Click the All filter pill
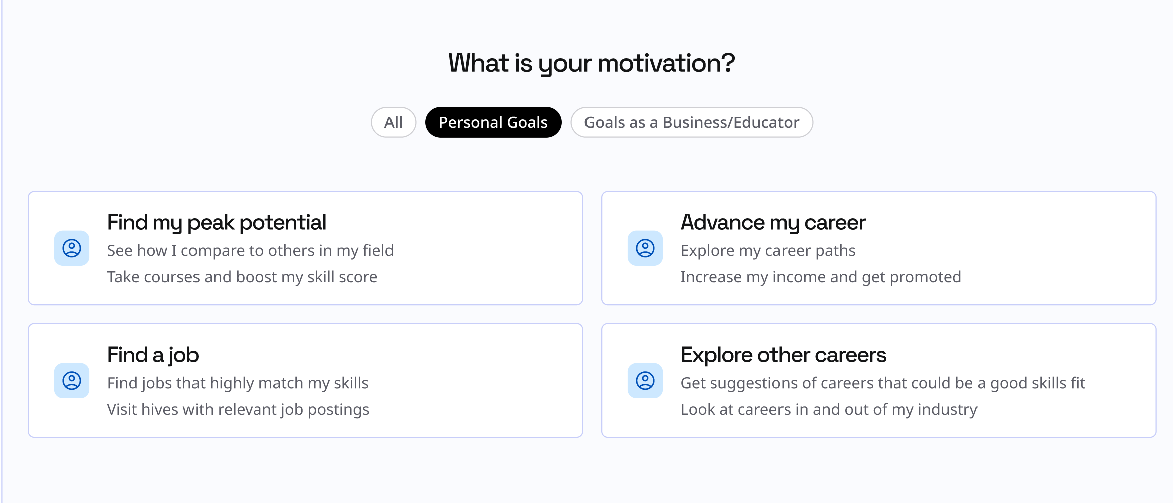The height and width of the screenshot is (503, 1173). (x=394, y=122)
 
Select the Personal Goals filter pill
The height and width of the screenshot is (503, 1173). (x=493, y=122)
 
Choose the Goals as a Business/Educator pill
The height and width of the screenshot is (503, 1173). (x=692, y=122)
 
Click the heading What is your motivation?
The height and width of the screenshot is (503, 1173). (x=592, y=63)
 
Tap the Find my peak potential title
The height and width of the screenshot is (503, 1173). (x=217, y=223)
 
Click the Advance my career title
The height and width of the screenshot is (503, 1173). (x=773, y=223)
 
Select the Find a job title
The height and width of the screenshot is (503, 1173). (x=153, y=355)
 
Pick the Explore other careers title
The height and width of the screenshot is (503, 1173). (x=784, y=355)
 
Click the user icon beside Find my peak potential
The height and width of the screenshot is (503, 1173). (x=72, y=248)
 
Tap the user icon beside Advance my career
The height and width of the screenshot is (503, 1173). (x=645, y=248)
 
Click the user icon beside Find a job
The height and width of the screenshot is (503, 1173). (x=72, y=381)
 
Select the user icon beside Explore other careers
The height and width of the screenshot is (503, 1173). (x=645, y=381)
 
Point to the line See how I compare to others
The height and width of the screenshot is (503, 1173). (x=250, y=251)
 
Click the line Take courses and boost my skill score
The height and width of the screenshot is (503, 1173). (x=242, y=277)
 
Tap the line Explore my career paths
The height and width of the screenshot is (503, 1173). (x=768, y=251)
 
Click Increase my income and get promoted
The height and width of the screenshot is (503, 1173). (x=821, y=277)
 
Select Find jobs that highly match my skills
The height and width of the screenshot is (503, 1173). (x=238, y=383)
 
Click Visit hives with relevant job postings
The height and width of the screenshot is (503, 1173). (x=238, y=410)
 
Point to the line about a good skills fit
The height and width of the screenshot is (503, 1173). (x=883, y=383)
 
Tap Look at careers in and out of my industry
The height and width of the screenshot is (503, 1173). (x=829, y=410)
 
